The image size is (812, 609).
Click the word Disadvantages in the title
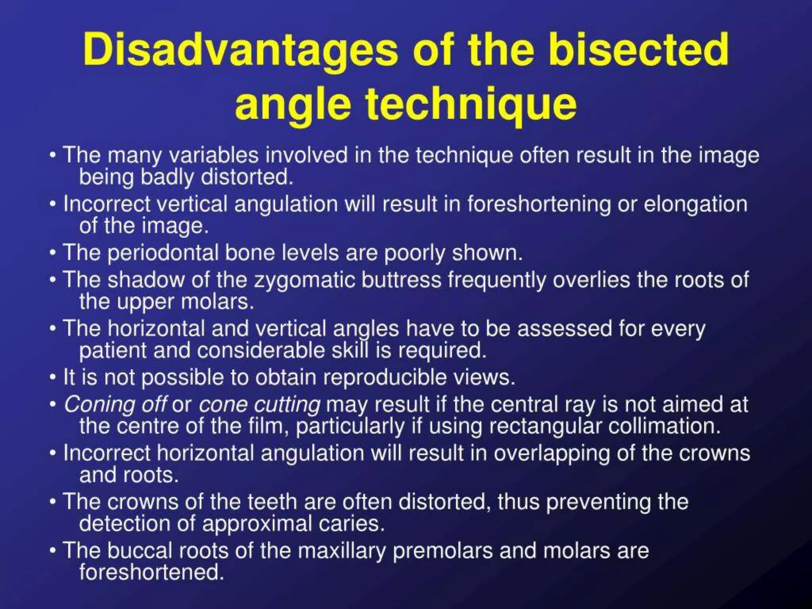240,51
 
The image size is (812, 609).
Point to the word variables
214,155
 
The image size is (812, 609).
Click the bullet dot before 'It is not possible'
53,377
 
